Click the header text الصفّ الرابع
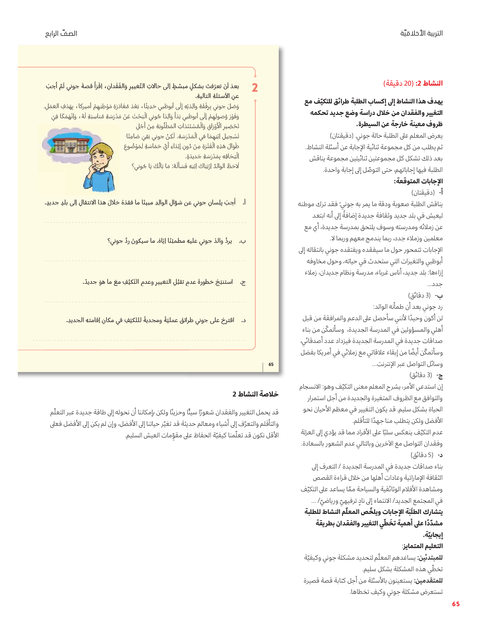[x=61, y=34]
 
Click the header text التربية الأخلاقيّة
[x=421, y=33]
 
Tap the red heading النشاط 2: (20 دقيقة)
[x=413, y=83]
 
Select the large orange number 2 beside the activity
[x=255, y=88]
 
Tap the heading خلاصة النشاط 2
[x=255, y=394]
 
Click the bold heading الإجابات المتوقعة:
[x=418, y=181]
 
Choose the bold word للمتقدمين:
[x=428, y=580]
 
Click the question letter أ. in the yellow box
[x=244, y=202]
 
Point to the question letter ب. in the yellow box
[x=243, y=241]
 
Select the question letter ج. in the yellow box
[x=243, y=282]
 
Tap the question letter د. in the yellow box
[x=243, y=320]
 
